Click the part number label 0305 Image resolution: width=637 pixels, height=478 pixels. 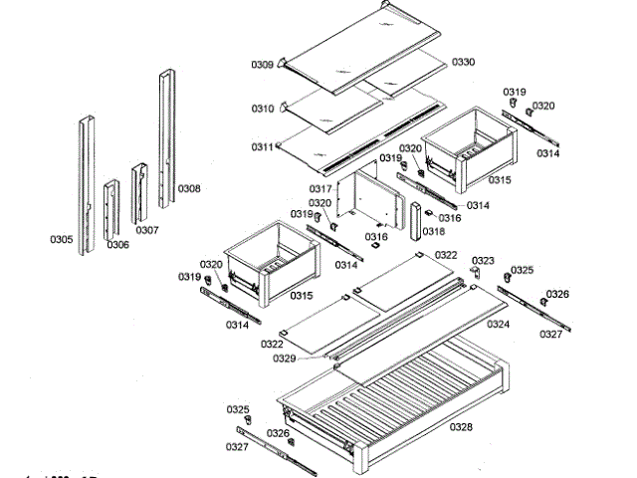pyautogui.click(x=61, y=239)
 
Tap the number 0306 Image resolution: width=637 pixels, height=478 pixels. pyautogui.click(x=118, y=244)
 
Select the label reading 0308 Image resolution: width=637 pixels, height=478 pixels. pyautogui.click(x=189, y=188)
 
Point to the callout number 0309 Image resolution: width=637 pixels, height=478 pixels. pyautogui.click(x=263, y=65)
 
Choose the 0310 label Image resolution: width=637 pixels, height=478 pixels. pyautogui.click(x=263, y=109)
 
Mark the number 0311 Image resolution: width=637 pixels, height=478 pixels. pyautogui.click(x=263, y=147)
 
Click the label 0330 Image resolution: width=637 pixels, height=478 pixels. pyautogui.click(x=463, y=62)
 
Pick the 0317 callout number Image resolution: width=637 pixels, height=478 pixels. pyautogui.click(x=320, y=188)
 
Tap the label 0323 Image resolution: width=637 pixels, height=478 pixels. pyautogui.click(x=483, y=261)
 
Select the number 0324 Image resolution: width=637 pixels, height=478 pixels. pyautogui.click(x=499, y=324)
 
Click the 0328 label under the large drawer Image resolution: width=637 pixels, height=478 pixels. pyautogui.click(x=461, y=427)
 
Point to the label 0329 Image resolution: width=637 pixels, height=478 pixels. pyautogui.click(x=313, y=358)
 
